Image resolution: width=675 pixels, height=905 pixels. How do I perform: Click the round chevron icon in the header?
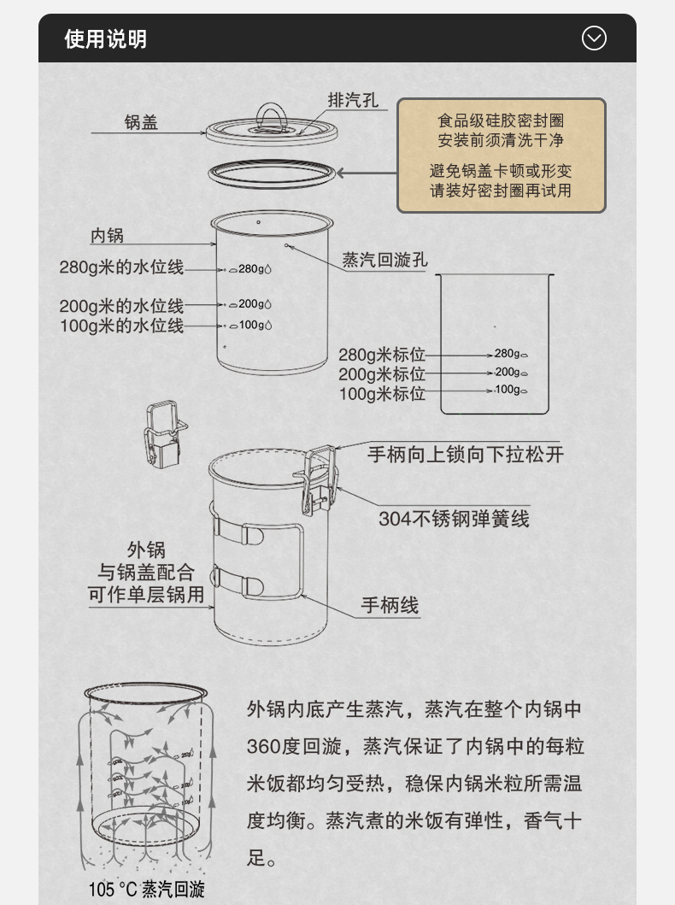(x=594, y=38)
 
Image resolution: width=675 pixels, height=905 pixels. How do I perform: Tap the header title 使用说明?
(x=106, y=39)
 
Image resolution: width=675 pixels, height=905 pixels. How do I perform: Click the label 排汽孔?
(x=353, y=101)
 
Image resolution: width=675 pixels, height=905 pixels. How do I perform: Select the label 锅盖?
(x=141, y=123)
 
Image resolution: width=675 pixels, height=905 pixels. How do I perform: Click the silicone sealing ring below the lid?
(x=272, y=173)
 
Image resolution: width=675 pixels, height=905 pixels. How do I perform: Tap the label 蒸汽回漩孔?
(x=384, y=261)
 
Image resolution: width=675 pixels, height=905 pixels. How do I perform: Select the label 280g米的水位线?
(x=121, y=267)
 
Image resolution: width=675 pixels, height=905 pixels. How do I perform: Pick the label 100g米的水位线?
(x=121, y=326)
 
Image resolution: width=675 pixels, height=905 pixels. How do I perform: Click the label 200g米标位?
(x=381, y=374)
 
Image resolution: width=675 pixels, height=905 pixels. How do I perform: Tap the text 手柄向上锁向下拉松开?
(x=466, y=454)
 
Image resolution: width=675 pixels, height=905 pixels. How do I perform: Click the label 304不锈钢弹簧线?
(x=454, y=519)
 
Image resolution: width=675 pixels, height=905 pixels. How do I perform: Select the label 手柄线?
(x=390, y=606)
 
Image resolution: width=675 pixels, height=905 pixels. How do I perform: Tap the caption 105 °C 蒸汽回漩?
(x=146, y=890)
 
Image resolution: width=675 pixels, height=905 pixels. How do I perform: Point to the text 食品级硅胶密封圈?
(x=501, y=121)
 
